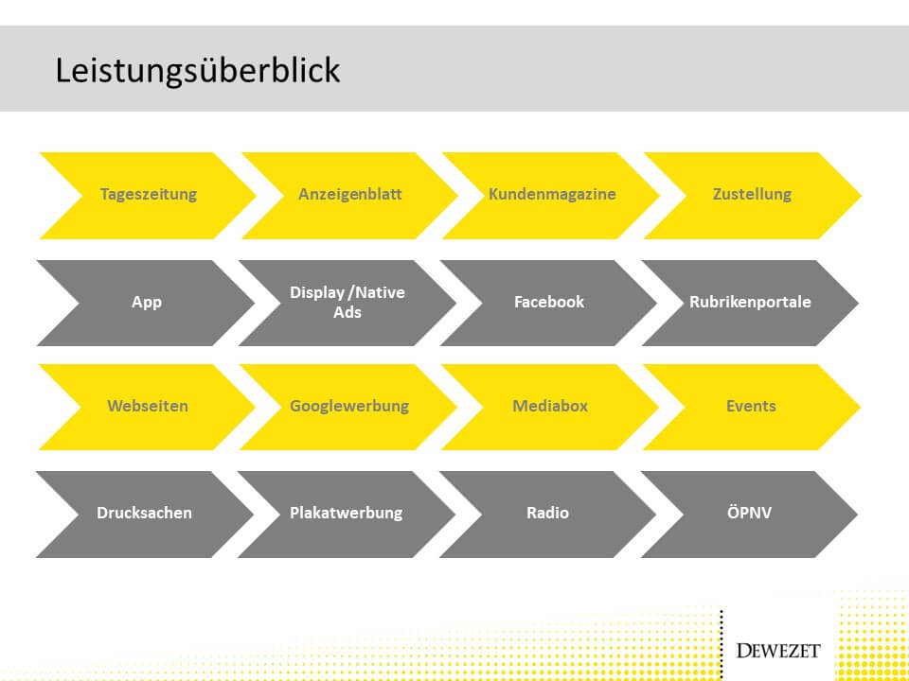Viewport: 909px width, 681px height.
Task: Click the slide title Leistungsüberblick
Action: coord(197,71)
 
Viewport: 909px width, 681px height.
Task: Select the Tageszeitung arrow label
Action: coord(149,194)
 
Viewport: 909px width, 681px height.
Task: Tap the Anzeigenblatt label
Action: coord(350,194)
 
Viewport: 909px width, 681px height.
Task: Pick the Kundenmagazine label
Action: coord(552,194)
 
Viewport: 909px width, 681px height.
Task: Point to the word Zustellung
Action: coord(752,194)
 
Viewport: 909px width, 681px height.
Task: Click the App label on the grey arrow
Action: coord(147,303)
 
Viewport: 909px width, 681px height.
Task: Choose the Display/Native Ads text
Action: coord(348,303)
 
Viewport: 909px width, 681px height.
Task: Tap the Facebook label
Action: coord(549,302)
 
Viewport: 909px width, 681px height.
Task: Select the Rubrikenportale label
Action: coord(750,302)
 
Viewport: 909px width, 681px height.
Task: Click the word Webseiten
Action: coord(148,406)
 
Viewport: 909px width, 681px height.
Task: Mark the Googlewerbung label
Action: coord(349,406)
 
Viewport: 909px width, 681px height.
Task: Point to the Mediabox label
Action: coord(550,406)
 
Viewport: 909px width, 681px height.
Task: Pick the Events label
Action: coord(751,406)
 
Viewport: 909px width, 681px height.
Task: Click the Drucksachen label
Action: coord(144,513)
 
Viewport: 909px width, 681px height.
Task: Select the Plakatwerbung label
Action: coord(347,513)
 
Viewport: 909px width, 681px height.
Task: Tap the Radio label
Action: coord(548,513)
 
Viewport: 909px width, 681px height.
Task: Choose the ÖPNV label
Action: coord(750,512)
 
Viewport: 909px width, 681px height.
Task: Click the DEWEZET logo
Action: coord(778,651)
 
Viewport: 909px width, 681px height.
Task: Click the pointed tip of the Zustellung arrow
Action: coord(861,196)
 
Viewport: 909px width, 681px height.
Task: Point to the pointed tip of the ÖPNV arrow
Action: coord(858,515)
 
